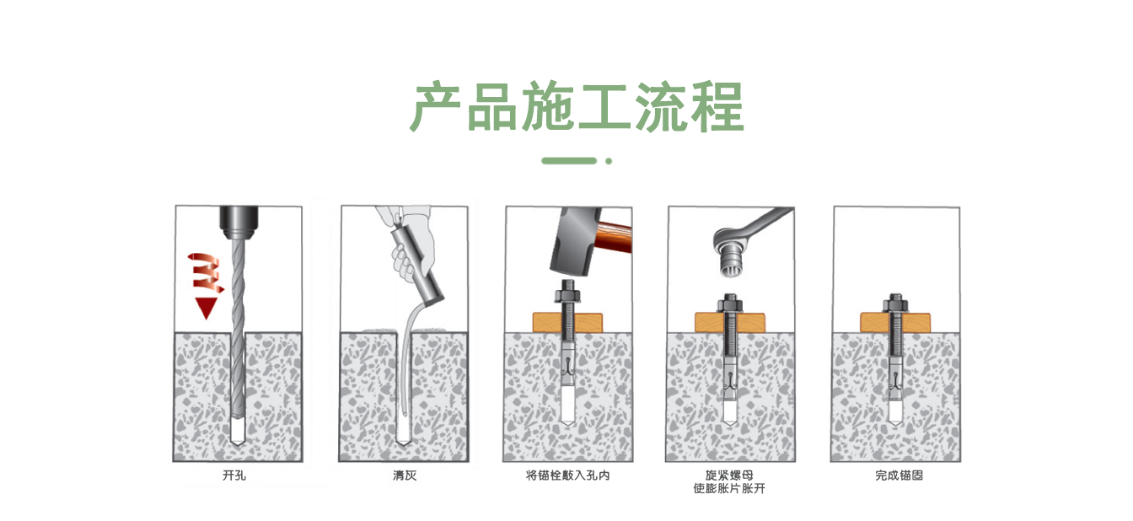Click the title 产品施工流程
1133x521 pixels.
tap(577, 106)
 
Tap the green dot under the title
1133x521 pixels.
tap(609, 161)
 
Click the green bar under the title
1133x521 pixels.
tap(569, 161)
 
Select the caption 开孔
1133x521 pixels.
tap(234, 475)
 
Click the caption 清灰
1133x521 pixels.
tap(405, 475)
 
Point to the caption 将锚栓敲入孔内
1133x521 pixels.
tap(567, 475)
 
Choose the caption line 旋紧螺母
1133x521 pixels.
tap(729, 475)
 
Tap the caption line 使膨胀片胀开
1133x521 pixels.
tap(729, 489)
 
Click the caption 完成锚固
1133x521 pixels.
tap(899, 475)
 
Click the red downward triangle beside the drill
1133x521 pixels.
tap(206, 308)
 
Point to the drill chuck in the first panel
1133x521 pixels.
tap(239, 222)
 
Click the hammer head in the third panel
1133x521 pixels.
tap(575, 241)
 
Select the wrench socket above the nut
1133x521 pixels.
tap(733, 258)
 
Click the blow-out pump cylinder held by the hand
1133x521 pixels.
tap(416, 265)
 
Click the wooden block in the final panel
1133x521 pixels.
tap(895, 323)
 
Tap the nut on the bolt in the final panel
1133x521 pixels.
tap(895, 303)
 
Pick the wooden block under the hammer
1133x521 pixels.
tap(567, 323)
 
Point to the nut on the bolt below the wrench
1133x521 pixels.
tap(729, 303)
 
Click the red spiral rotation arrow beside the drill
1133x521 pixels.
tap(205, 272)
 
